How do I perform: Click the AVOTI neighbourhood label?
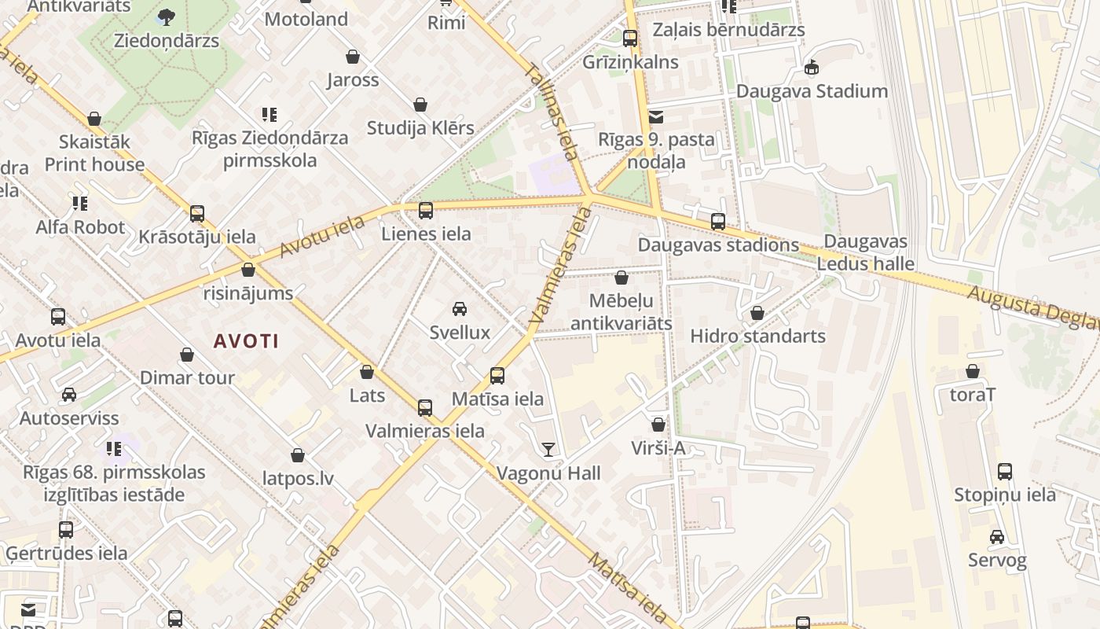pyautogui.click(x=246, y=341)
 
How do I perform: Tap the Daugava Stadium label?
pyautogui.click(x=812, y=91)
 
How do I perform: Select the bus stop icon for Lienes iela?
pyautogui.click(x=426, y=211)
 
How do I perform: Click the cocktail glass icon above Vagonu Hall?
pyautogui.click(x=548, y=450)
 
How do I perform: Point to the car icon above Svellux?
pyautogui.click(x=460, y=309)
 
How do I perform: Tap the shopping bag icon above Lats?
pyautogui.click(x=367, y=372)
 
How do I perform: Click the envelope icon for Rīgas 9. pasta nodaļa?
pyautogui.click(x=656, y=117)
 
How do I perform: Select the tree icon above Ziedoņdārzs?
pyautogui.click(x=167, y=17)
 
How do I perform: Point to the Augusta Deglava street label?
pyautogui.click(x=1032, y=307)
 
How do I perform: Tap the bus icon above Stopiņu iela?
pyautogui.click(x=1005, y=472)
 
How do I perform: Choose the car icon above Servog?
pyautogui.click(x=997, y=537)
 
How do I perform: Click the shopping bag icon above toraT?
pyautogui.click(x=973, y=372)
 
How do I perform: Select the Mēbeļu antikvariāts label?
pyautogui.click(x=621, y=312)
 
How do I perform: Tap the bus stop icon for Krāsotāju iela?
pyautogui.click(x=197, y=214)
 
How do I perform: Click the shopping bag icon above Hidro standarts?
pyautogui.click(x=757, y=313)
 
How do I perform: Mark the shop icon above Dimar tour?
pyautogui.click(x=187, y=355)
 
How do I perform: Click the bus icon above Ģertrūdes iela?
pyautogui.click(x=66, y=530)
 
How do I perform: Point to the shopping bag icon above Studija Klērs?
pyautogui.click(x=420, y=105)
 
